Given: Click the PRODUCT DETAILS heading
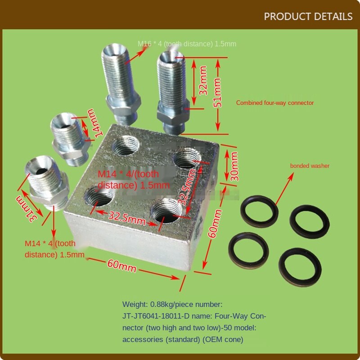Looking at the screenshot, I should (308, 17).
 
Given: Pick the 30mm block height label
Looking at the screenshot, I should (234, 166).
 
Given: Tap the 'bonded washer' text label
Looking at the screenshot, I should (310, 166).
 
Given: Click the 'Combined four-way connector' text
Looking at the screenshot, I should (275, 103).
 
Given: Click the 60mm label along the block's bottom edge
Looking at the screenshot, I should (121, 265).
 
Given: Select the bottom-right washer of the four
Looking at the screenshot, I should (300, 264).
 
